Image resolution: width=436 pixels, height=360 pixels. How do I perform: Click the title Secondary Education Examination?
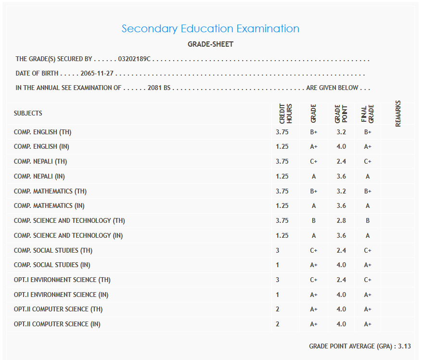click(x=210, y=29)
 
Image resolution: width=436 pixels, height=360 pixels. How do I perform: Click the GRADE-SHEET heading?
click(x=210, y=44)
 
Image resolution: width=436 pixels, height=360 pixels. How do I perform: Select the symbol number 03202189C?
click(x=134, y=59)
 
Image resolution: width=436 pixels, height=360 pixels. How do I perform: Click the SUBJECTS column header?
click(x=28, y=114)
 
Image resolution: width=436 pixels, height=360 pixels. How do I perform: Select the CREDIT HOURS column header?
click(x=285, y=114)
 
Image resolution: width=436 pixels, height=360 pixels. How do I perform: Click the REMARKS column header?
click(x=398, y=114)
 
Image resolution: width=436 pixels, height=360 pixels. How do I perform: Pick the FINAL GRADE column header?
click(x=368, y=114)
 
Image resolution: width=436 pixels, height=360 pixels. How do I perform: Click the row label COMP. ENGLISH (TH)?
click(x=43, y=132)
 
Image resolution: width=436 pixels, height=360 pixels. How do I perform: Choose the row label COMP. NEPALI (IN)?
click(x=39, y=177)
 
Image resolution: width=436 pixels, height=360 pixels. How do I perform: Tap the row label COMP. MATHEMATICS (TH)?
click(x=51, y=191)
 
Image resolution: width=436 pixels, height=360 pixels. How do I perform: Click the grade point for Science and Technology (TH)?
click(x=341, y=221)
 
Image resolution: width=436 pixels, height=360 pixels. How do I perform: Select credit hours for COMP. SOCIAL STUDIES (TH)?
click(x=278, y=250)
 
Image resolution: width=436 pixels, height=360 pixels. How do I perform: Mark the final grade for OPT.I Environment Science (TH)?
click(x=368, y=280)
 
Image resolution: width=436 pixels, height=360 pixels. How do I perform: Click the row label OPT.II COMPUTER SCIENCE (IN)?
click(x=57, y=324)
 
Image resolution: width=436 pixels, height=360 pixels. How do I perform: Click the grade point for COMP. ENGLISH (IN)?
click(x=341, y=147)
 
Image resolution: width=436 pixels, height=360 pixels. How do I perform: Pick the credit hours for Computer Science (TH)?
click(x=278, y=309)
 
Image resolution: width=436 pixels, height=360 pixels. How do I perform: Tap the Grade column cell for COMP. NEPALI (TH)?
click(x=314, y=162)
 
